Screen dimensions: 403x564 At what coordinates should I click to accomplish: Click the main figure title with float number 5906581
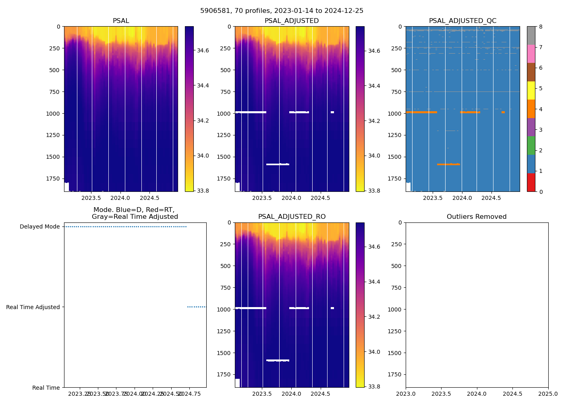(282, 11)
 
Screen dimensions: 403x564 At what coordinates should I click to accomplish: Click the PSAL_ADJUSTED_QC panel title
(462, 21)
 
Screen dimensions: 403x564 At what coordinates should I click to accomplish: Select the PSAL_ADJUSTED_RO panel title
(292, 217)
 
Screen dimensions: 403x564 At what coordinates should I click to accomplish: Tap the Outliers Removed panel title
(477, 217)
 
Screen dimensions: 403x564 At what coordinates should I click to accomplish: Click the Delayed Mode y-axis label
(39, 227)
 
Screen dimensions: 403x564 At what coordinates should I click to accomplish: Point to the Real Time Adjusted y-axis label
(33, 307)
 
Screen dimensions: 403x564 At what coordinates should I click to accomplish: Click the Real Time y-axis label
(46, 388)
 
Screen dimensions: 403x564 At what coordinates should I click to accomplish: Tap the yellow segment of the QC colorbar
(531, 91)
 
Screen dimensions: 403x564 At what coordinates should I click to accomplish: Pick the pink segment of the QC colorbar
(531, 54)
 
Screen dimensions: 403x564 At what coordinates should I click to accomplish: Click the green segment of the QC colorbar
(531, 145)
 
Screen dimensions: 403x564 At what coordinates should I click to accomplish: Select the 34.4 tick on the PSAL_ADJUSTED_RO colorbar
(374, 282)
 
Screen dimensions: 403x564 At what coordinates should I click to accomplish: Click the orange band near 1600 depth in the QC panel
(448, 164)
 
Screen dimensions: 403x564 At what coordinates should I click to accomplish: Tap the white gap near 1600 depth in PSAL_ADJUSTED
(278, 164)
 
